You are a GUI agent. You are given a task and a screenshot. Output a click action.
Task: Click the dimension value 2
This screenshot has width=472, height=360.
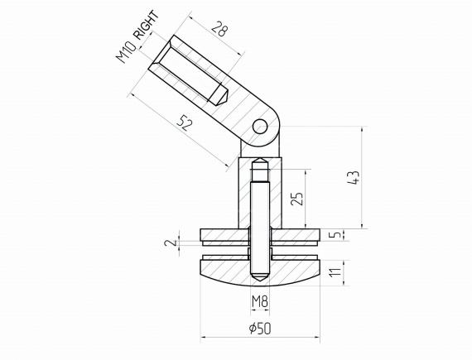[169, 242]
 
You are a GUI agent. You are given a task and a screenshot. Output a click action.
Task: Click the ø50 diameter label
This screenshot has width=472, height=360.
[259, 328]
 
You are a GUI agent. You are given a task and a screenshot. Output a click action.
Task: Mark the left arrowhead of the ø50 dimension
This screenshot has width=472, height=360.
[201, 338]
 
